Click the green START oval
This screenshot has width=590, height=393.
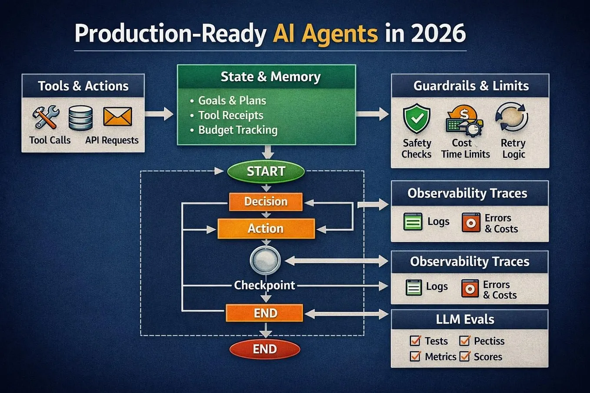click(266, 172)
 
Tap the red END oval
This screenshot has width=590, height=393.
click(265, 349)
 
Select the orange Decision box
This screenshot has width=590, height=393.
click(266, 201)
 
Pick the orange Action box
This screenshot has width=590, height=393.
click(266, 228)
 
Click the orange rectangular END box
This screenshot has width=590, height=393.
click(265, 313)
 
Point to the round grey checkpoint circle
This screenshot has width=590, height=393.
click(265, 260)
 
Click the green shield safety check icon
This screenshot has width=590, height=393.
click(417, 119)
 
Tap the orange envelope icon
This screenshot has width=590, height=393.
click(117, 116)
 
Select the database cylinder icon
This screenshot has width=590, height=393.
click(80, 118)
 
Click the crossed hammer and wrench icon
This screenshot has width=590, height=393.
click(46, 117)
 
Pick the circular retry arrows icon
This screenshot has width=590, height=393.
click(512, 117)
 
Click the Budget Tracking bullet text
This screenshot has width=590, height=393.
click(238, 130)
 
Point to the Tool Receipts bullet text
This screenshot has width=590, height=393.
click(231, 115)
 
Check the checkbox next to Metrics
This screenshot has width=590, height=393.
click(415, 357)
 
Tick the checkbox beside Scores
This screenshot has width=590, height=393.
click(464, 357)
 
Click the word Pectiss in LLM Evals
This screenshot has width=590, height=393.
click(489, 341)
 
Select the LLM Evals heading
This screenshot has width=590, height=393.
click(465, 319)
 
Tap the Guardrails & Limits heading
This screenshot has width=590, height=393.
click(471, 86)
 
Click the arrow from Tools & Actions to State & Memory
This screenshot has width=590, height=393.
click(159, 114)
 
